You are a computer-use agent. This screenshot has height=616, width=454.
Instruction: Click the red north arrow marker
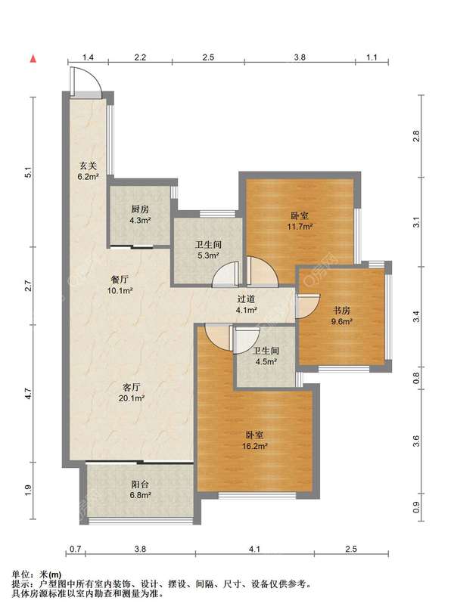34,59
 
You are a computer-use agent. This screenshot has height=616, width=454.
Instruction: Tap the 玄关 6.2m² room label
88,172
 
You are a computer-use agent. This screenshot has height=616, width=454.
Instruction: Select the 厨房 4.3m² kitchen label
140,215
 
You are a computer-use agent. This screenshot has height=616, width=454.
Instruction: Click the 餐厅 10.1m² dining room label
120,285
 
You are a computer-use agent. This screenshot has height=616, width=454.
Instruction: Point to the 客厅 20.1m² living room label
132,392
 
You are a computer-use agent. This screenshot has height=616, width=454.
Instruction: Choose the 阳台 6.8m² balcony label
140,490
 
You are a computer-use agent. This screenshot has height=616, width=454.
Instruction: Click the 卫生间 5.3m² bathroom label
208,250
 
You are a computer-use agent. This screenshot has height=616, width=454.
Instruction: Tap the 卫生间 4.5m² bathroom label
266,356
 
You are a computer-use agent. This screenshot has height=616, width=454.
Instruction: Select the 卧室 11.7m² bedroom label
300,221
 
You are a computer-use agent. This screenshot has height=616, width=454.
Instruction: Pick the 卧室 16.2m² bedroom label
254,441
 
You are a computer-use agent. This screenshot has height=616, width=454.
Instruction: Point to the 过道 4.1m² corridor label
246,304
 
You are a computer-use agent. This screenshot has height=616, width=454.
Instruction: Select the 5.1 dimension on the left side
27,172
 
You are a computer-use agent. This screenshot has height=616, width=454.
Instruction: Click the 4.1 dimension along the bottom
254,549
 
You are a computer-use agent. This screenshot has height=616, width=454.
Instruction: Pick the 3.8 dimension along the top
300,57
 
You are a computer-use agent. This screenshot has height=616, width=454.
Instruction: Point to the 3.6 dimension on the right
416,441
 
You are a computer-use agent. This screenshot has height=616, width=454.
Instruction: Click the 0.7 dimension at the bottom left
75,549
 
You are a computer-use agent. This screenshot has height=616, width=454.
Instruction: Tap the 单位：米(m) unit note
37,575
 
